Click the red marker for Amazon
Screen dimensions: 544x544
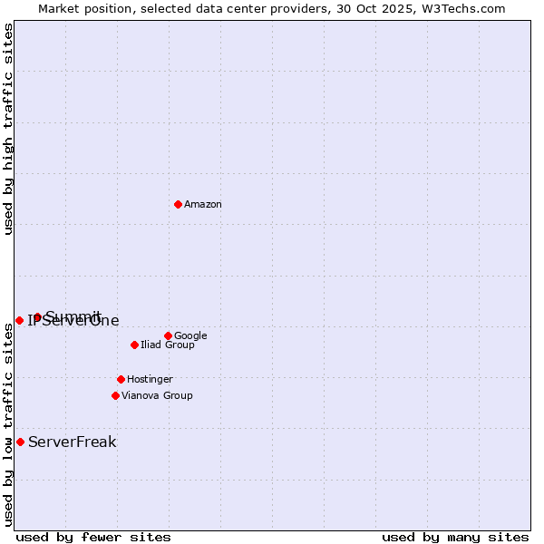pos(178,204)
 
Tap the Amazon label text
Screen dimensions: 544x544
pos(203,205)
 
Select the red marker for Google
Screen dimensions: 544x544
pos(168,335)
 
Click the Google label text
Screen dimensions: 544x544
pos(190,336)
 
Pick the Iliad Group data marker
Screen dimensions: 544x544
pos(134,345)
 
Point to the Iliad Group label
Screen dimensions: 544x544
pos(168,345)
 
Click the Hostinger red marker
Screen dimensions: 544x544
pos(121,379)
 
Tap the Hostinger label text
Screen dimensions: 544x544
pos(150,380)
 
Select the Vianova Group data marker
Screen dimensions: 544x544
pos(115,395)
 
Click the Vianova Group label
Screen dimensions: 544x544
pos(157,396)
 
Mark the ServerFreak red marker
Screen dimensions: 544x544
pos(20,442)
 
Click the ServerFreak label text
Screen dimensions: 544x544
pos(73,442)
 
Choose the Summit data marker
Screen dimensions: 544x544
pos(37,316)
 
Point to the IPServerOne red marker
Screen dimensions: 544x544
pos(19,320)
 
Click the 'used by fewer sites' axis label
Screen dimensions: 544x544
pos(93,537)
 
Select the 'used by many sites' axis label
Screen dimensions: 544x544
pos(455,537)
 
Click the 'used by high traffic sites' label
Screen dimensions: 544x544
pos(8,129)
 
